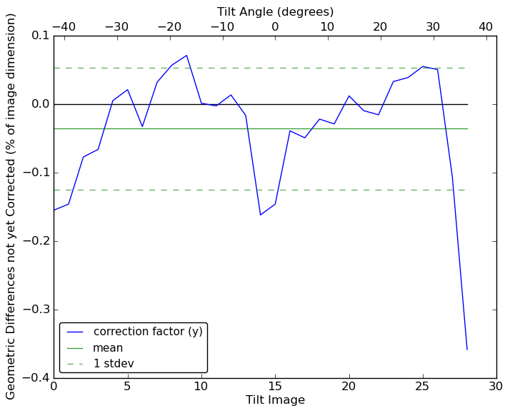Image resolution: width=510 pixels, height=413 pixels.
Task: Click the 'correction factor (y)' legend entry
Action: click(x=148, y=332)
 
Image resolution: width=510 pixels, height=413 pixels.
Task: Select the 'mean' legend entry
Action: click(x=108, y=348)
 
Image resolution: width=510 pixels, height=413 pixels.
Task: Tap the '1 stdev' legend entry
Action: click(x=114, y=364)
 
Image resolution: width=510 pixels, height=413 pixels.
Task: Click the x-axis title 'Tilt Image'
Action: click(x=275, y=400)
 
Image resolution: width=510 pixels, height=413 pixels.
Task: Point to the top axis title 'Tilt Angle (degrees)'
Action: click(x=275, y=11)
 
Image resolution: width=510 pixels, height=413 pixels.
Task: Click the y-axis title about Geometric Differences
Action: click(x=11, y=206)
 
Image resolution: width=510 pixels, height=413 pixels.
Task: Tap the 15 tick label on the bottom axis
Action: click(x=275, y=387)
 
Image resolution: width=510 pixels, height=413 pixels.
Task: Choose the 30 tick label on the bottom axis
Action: click(x=496, y=387)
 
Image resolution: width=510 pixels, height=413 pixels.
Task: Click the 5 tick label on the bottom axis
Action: click(x=127, y=387)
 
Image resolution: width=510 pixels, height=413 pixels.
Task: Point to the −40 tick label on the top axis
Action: click(x=64, y=26)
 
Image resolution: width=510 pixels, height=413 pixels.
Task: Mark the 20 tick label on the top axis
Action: click(x=380, y=26)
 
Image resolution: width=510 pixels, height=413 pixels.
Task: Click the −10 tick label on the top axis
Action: click(x=222, y=26)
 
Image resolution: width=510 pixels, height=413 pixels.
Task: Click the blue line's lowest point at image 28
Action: click(x=467, y=350)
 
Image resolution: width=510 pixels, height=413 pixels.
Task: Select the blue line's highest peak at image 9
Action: click(x=186, y=55)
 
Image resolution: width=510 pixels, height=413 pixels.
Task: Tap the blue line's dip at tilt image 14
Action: click(x=260, y=215)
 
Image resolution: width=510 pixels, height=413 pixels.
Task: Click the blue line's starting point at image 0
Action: click(x=54, y=210)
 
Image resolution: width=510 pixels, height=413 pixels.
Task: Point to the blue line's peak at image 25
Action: click(x=423, y=66)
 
